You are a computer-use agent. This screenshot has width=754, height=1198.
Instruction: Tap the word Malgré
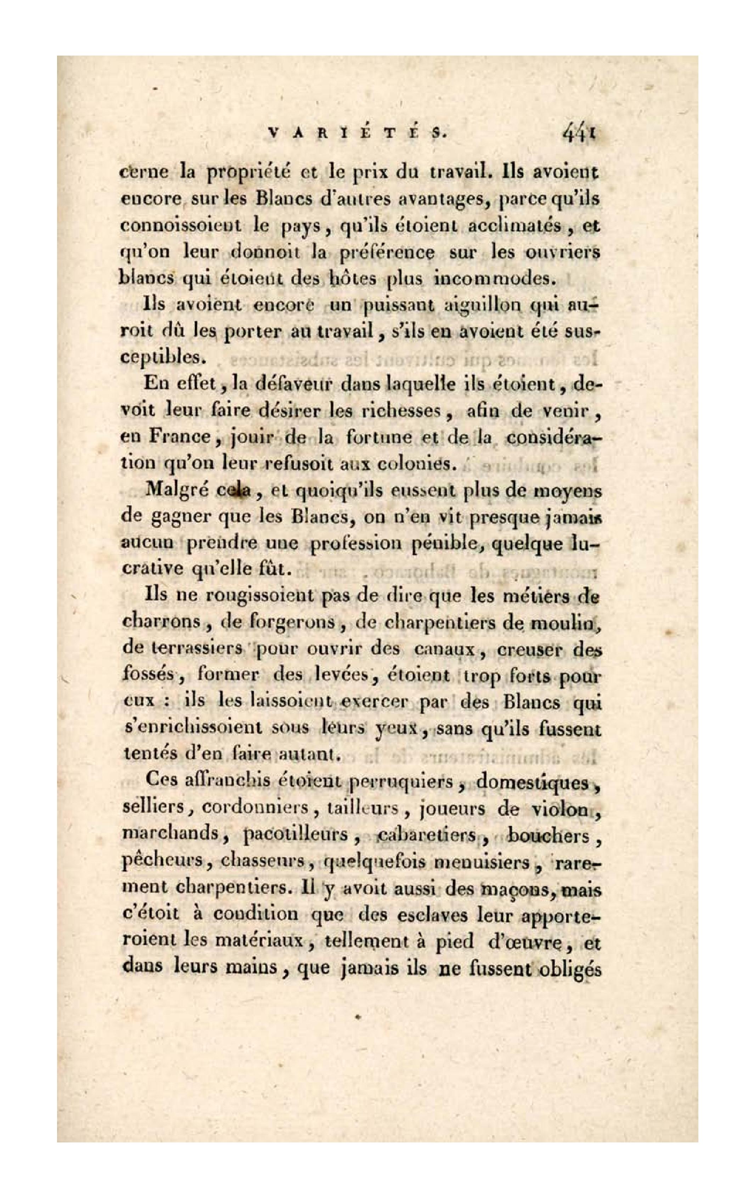tap(177, 491)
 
